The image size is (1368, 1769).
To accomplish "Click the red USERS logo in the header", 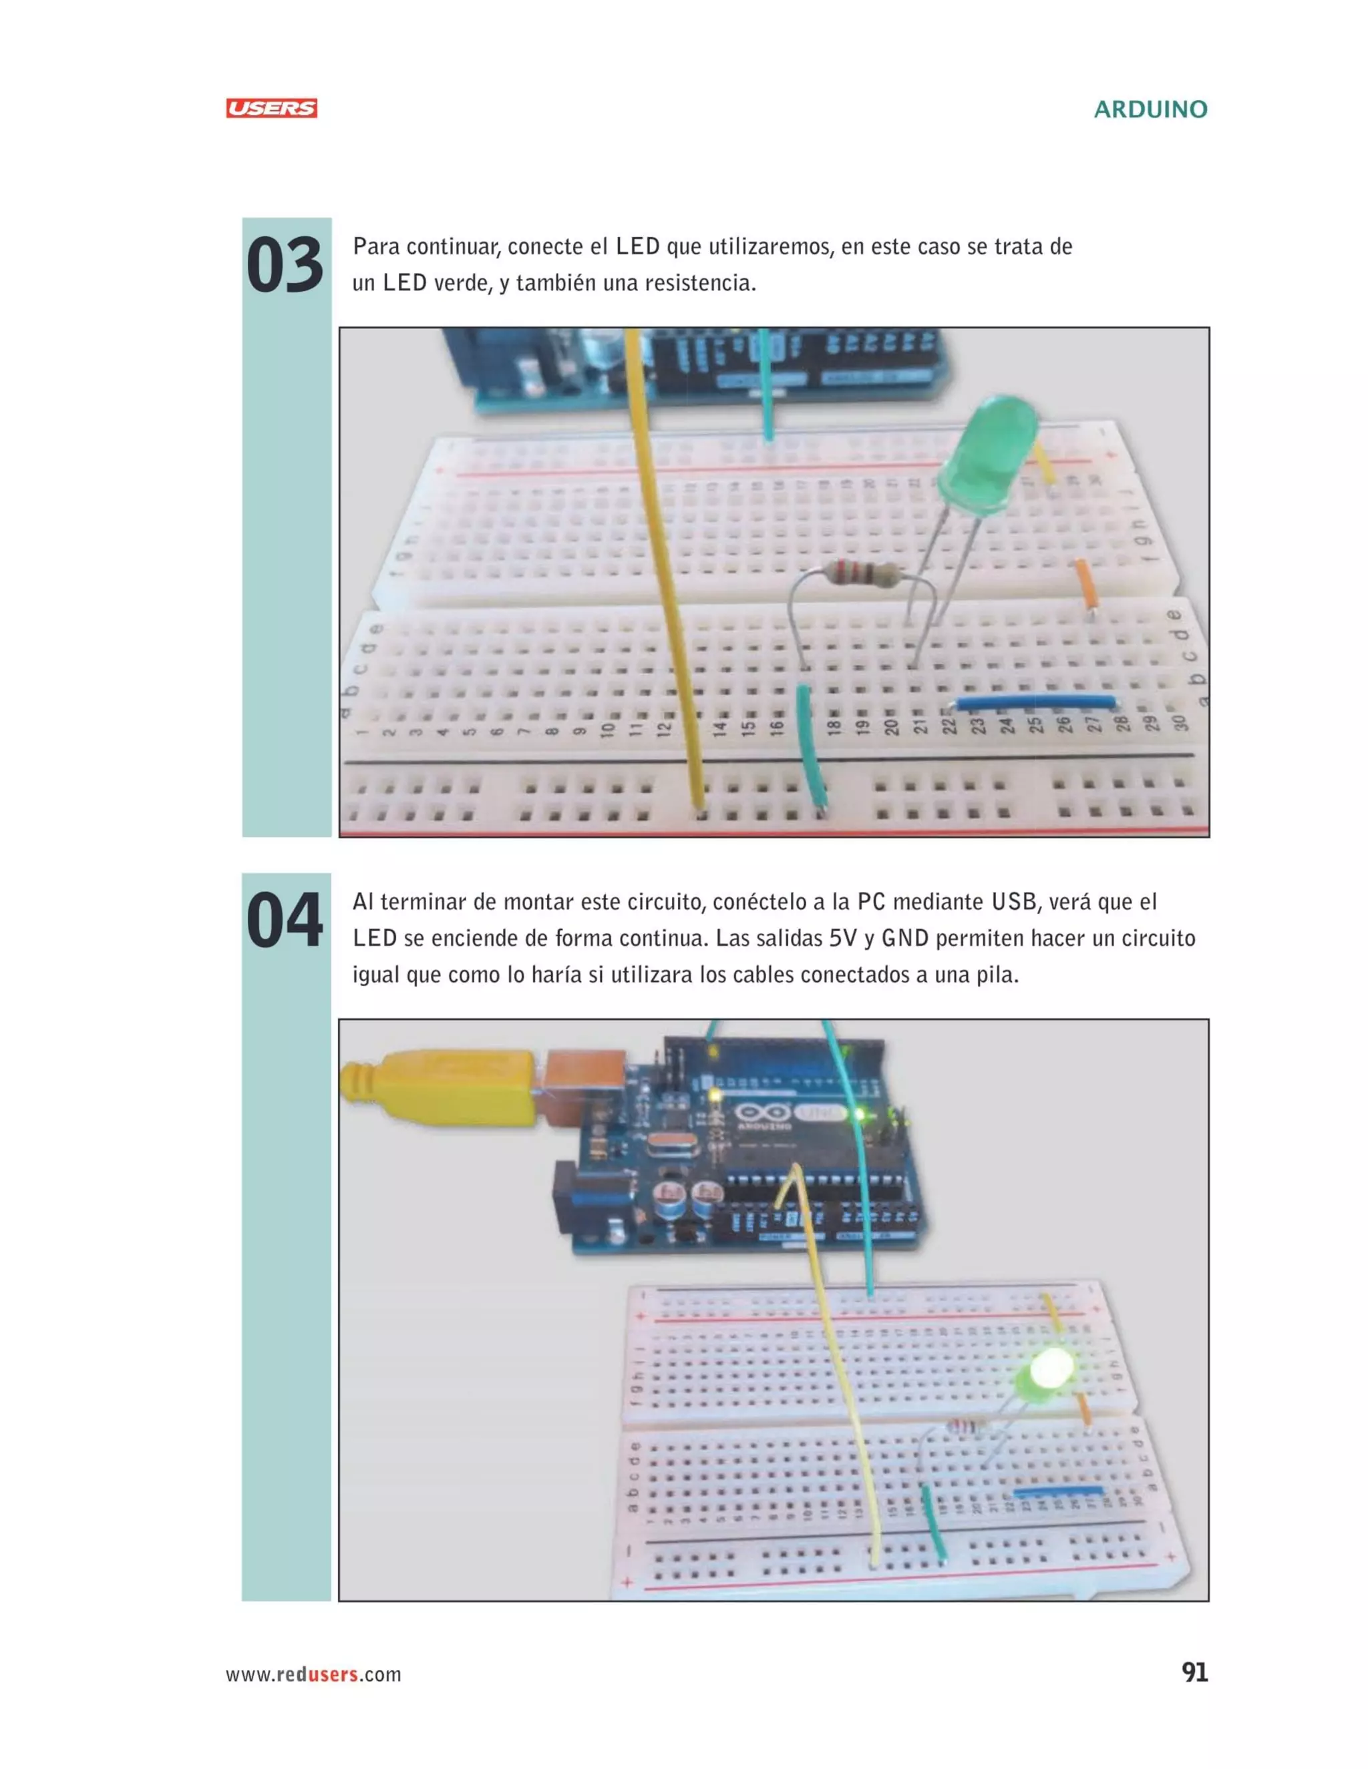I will (x=271, y=109).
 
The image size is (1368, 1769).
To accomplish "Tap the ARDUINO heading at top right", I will (x=1150, y=109).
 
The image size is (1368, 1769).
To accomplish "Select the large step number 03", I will (x=285, y=266).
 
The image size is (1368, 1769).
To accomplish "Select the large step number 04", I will (x=285, y=921).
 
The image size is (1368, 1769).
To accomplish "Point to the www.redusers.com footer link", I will (x=314, y=1674).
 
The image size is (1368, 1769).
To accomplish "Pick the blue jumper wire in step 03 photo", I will (x=1037, y=702).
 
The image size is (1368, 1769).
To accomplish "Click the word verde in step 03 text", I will (x=460, y=284).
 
